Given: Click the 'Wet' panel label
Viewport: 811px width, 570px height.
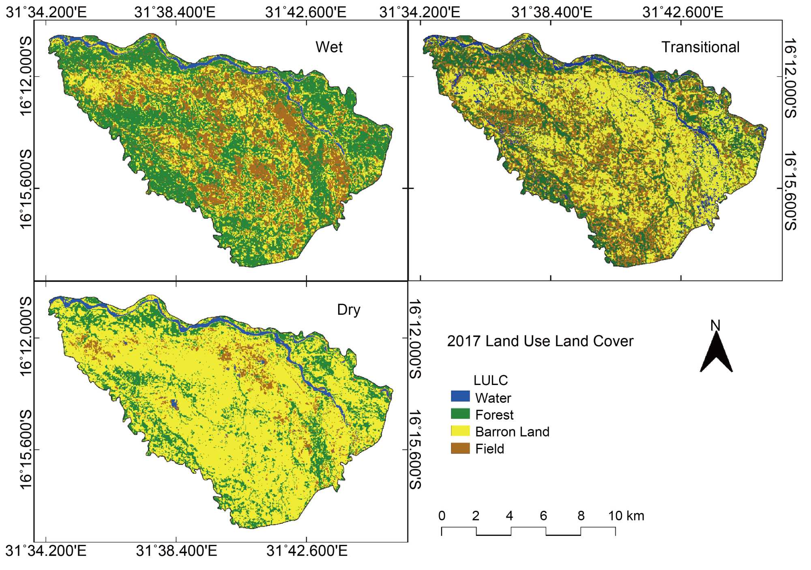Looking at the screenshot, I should (329, 47).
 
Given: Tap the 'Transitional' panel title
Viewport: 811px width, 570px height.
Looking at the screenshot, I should (700, 47).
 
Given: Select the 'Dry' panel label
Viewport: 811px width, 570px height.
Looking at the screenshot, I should (348, 310).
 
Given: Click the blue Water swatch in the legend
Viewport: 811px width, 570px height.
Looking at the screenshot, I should (460, 396).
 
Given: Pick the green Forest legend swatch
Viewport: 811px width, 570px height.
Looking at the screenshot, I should (460, 414).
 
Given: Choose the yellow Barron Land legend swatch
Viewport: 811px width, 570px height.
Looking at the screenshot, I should (460, 431).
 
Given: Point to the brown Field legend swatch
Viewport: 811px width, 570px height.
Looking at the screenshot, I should (460, 448).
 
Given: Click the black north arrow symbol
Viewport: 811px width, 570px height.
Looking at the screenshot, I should (716, 353).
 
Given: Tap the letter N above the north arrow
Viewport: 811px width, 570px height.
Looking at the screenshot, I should (715, 325).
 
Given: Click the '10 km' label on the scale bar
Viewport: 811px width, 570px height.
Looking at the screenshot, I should (626, 516).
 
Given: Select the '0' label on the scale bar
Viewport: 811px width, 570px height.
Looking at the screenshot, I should (442, 516).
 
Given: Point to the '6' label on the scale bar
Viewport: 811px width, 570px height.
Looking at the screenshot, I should (543, 516).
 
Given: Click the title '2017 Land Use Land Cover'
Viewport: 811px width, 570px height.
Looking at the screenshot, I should (540, 341).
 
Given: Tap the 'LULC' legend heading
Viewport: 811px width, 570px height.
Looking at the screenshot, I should (491, 380).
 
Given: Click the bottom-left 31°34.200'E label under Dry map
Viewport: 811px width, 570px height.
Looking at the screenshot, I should (46, 551).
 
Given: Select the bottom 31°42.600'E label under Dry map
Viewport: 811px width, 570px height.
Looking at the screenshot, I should (307, 551).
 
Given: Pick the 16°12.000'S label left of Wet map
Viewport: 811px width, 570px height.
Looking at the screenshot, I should (26, 76).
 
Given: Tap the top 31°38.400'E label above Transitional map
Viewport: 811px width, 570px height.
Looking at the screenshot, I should (551, 12).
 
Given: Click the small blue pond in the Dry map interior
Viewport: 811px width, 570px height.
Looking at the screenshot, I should (175, 404).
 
